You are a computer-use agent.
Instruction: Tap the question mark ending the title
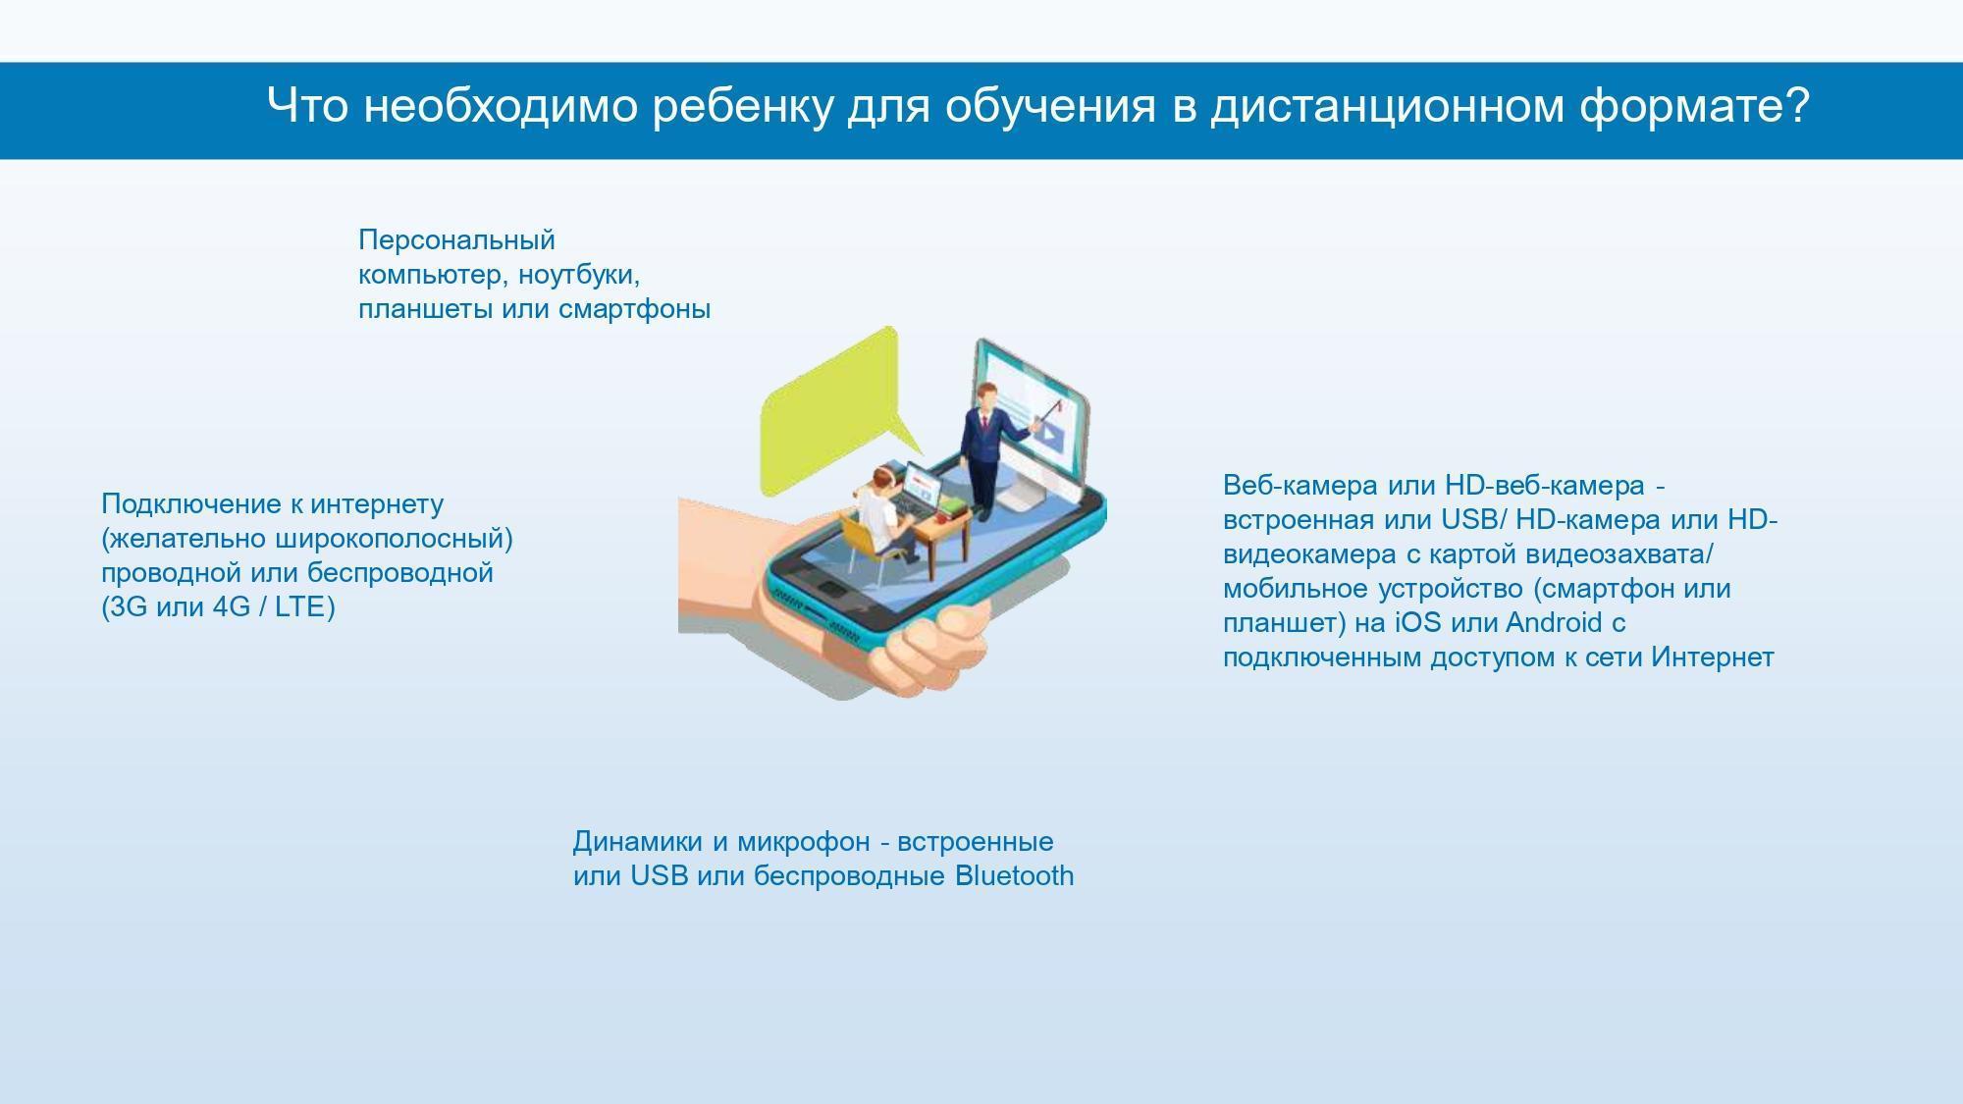click(1797, 104)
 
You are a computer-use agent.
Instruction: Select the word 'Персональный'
click(456, 240)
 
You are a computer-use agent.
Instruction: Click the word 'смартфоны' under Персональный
click(634, 309)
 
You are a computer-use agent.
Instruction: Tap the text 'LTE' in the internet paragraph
click(299, 607)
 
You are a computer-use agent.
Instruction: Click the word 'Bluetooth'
click(1015, 875)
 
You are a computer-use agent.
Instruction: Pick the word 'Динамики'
click(638, 841)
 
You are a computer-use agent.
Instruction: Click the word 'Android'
click(1554, 623)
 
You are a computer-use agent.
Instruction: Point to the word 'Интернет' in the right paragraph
click(1713, 657)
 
